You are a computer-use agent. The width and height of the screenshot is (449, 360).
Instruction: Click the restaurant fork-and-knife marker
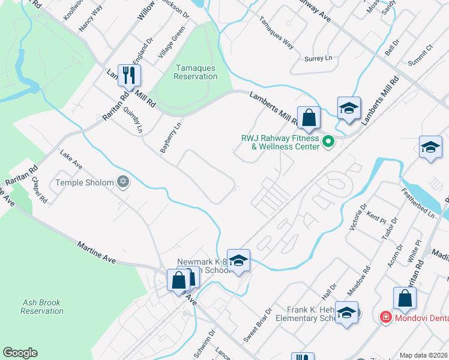coord(129,76)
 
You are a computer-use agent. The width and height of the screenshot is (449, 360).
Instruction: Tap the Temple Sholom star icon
coord(123,182)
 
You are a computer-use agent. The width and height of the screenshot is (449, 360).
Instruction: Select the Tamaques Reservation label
coord(195,72)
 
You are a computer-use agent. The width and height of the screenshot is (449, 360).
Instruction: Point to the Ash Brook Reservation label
coord(41,307)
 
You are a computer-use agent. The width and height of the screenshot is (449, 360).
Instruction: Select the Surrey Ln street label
coord(318,58)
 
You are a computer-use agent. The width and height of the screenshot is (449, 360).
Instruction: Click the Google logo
coord(20,353)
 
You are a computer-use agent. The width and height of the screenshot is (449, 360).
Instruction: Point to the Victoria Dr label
coord(358,217)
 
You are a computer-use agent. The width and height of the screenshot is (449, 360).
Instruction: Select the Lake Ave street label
coord(71,160)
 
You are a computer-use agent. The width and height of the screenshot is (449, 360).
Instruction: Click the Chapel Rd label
coord(40,190)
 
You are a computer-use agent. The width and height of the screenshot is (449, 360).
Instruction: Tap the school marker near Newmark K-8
coord(238,260)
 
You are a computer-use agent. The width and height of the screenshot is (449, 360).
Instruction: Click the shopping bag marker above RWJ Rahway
coord(309,118)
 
